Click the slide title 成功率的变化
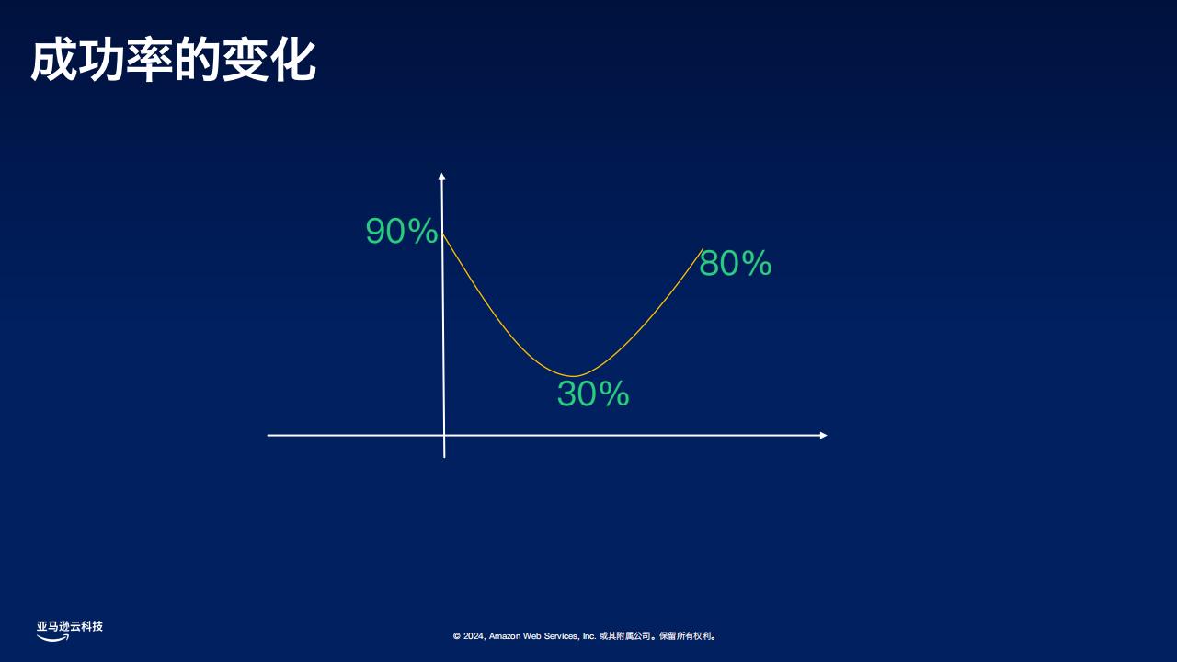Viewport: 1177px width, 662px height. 174,60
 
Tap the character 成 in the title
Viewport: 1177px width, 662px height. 54,60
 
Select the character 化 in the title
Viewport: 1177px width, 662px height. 293,60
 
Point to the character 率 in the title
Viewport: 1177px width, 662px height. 150,60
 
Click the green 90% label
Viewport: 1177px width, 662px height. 402,231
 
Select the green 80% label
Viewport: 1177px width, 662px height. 735,263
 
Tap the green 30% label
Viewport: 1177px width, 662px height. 593,394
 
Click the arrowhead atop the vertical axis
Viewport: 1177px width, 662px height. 442,176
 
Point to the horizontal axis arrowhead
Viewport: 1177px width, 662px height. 823,435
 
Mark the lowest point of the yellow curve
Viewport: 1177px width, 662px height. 574,376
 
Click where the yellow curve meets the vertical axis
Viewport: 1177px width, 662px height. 442,234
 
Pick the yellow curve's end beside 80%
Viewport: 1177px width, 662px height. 703,249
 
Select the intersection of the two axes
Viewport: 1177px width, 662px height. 444,435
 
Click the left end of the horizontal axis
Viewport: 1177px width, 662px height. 268,435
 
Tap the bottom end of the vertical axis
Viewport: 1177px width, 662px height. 444,457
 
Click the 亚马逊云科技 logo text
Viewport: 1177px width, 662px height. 69,626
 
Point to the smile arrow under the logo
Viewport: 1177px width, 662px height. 52,638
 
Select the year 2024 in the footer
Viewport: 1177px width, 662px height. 473,636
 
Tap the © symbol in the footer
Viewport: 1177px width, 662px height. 457,636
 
